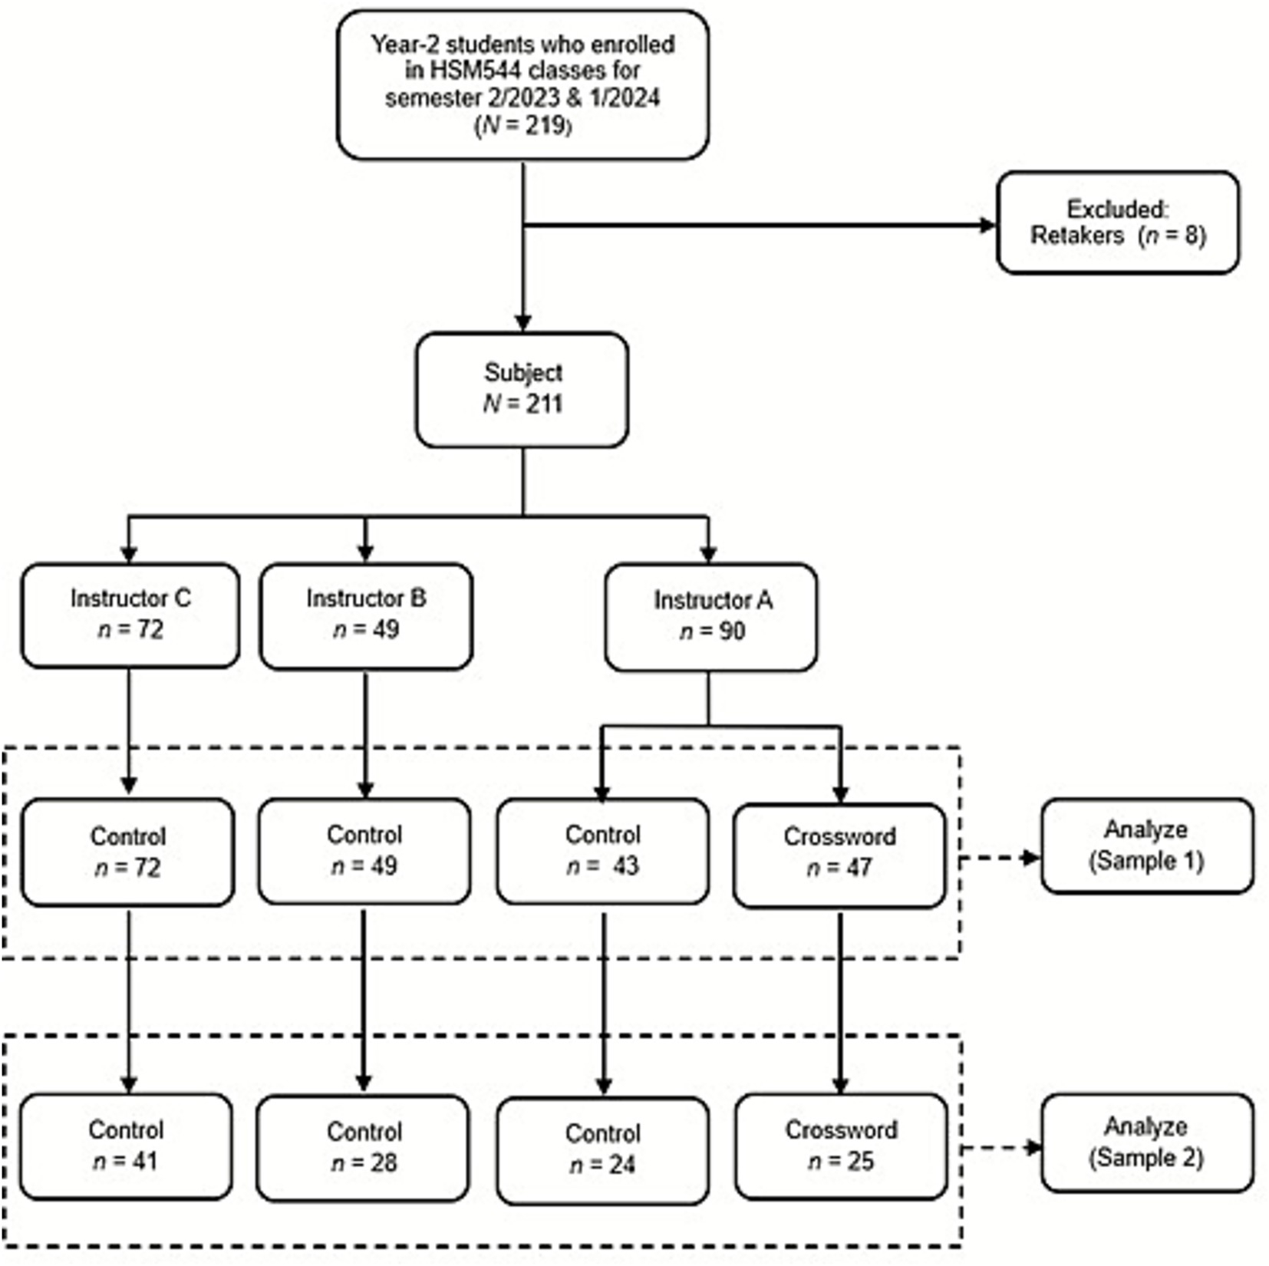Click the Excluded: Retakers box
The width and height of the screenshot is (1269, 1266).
click(x=1117, y=223)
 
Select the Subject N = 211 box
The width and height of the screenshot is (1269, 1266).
click(x=522, y=389)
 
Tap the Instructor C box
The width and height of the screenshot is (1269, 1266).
click(x=130, y=615)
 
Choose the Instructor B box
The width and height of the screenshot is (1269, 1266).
click(x=365, y=615)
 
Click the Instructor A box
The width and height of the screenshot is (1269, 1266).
click(x=710, y=616)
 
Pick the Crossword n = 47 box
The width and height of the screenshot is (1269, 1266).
click(x=839, y=854)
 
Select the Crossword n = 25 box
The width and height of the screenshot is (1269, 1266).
click(x=841, y=1146)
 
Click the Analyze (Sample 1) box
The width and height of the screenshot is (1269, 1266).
click(x=1146, y=845)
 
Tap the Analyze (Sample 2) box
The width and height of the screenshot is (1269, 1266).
click(x=1146, y=1142)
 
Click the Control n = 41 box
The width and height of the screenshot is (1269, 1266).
click(x=126, y=1146)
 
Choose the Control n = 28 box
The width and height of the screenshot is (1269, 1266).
click(x=363, y=1148)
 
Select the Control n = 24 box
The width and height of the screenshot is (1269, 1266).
click(x=602, y=1149)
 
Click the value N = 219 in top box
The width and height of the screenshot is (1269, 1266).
click(x=523, y=125)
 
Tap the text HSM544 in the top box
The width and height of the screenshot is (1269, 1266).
click(x=466, y=71)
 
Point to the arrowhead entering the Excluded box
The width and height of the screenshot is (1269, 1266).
click(x=987, y=225)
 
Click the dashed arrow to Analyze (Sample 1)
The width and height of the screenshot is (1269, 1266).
click(x=1000, y=858)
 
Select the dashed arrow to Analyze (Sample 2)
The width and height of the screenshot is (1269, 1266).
click(x=1000, y=1148)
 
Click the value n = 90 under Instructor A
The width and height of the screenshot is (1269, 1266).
click(x=712, y=631)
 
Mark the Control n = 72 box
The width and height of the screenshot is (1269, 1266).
click(x=127, y=852)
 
